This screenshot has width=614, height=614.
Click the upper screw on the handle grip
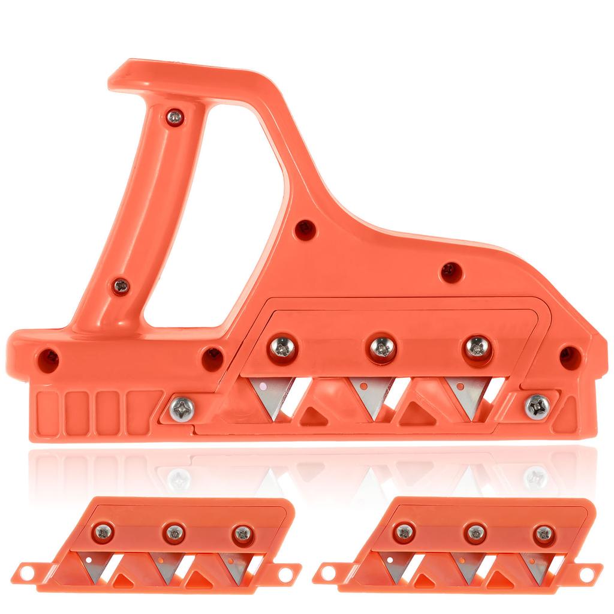coord(174,117)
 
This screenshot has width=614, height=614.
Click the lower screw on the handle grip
coord(121,286)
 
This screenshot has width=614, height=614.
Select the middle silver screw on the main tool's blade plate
coord(381,347)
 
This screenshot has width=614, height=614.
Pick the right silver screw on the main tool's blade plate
coord(478,347)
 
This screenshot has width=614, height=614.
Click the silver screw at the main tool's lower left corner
coord(182,409)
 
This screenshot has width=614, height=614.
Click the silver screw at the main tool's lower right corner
coord(537,407)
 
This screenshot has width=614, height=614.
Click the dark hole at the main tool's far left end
coord(47,360)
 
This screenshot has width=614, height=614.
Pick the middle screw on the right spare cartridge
coord(475,532)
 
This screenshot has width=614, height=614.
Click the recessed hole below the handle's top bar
coord(305,228)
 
